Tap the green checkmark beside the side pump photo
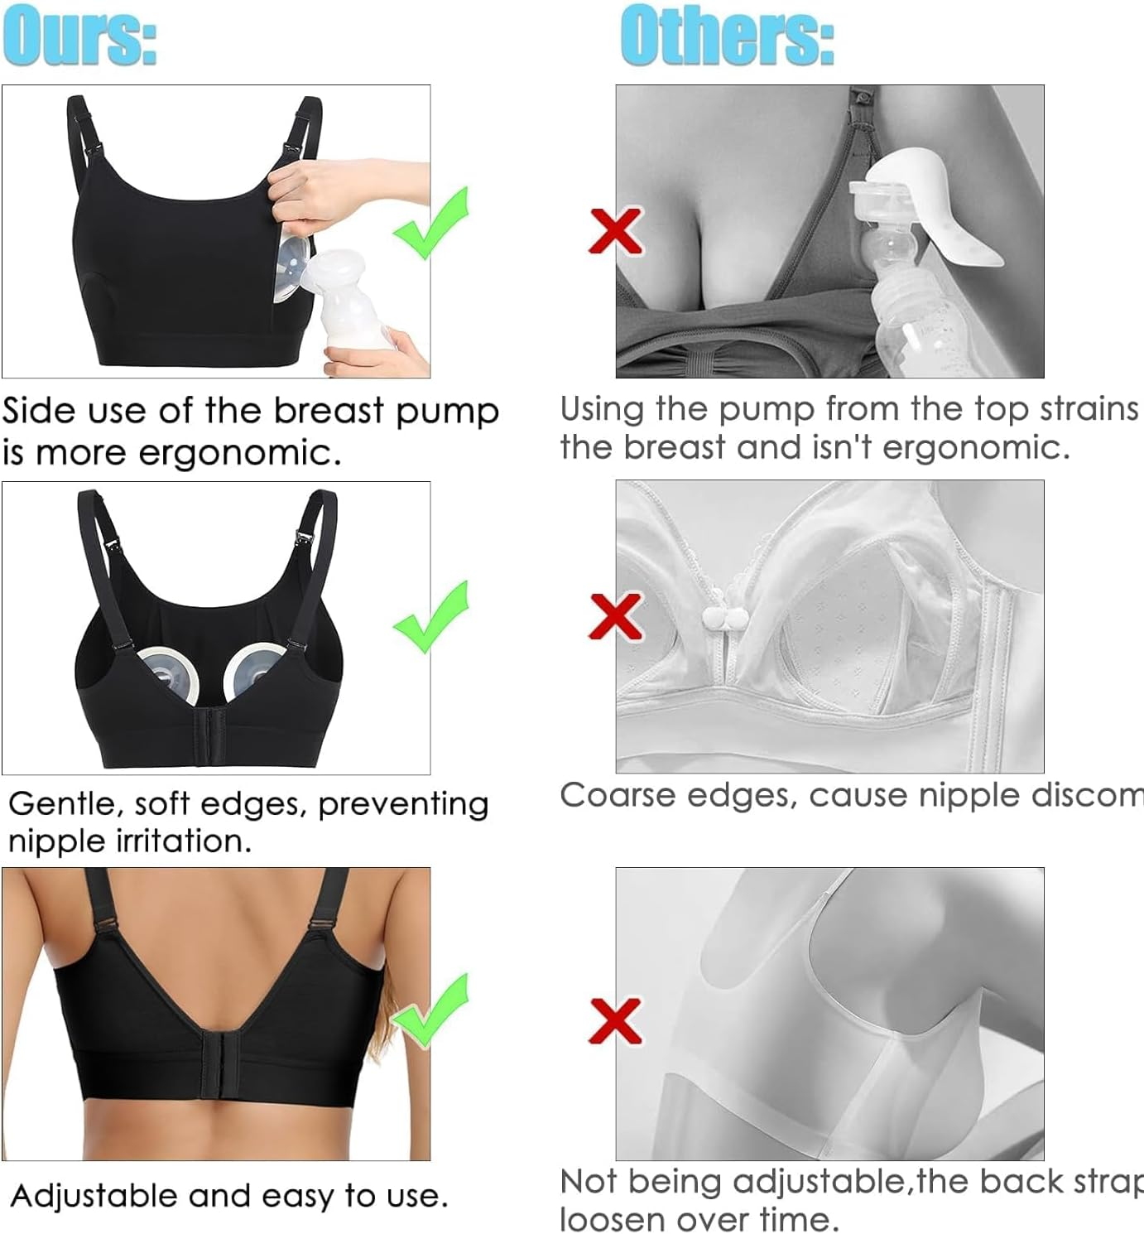(x=432, y=223)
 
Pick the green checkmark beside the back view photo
(x=430, y=1010)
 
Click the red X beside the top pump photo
(x=616, y=229)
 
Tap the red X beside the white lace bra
(x=616, y=616)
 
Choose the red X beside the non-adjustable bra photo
(x=616, y=1020)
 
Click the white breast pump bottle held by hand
(x=357, y=303)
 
